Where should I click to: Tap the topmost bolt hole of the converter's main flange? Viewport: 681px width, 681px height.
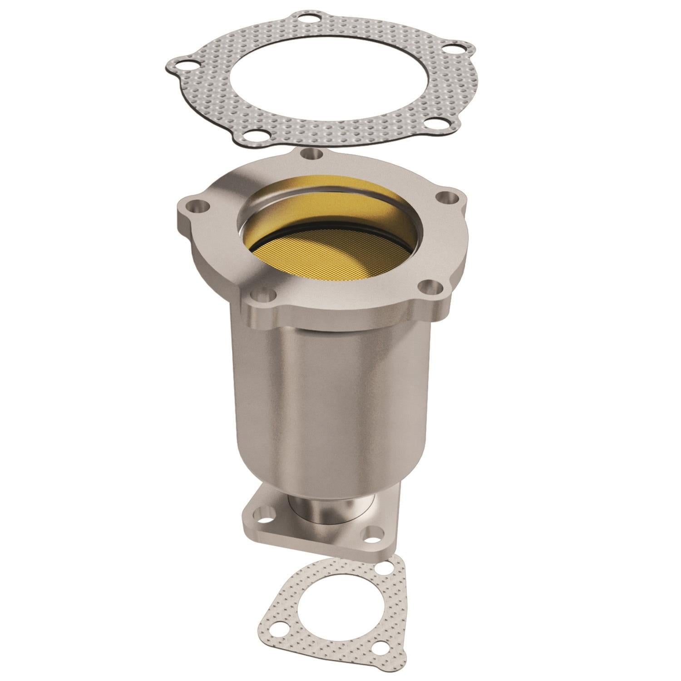click(x=311, y=154)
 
